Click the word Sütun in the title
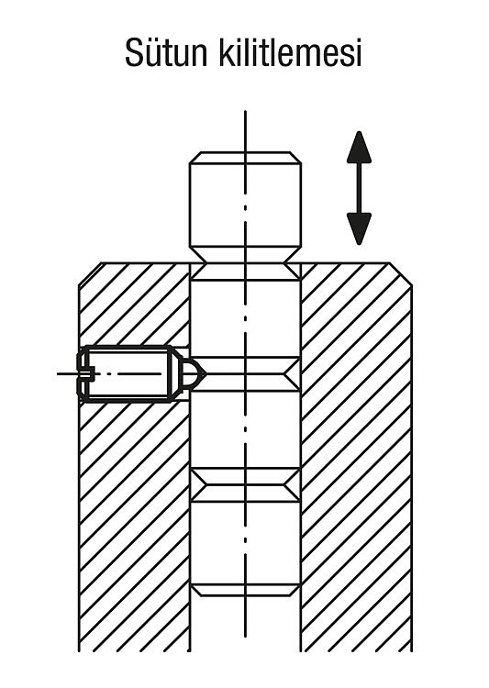click(x=166, y=52)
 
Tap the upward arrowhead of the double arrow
click(x=359, y=147)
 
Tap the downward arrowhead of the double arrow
click(x=359, y=228)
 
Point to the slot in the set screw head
click(x=85, y=374)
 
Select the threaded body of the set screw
click(x=128, y=374)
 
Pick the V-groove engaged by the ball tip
click(x=245, y=374)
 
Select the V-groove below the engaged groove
click(x=245, y=485)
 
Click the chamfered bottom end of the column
click(x=245, y=590)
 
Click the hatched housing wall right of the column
click(x=357, y=456)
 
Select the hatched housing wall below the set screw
click(x=134, y=527)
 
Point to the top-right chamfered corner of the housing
click(x=401, y=273)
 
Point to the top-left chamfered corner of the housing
click(x=90, y=273)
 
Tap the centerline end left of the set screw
click(x=58, y=374)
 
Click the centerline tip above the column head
click(x=245, y=111)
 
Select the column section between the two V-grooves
click(x=245, y=430)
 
